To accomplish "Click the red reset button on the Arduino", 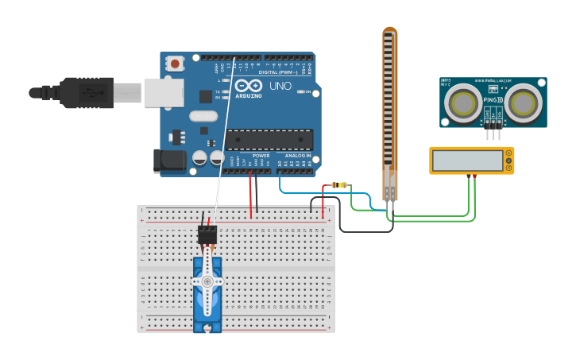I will click(174, 62).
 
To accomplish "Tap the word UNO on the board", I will click(280, 86).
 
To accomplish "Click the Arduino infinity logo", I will click(248, 86).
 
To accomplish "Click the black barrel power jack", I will click(171, 161).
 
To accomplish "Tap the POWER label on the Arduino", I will click(261, 156).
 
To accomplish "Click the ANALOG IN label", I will click(298, 156).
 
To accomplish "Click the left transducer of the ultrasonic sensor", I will click(461, 102).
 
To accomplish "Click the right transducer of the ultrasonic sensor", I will click(524, 102).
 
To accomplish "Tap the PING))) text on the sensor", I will click(493, 99).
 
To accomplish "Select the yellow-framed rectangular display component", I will click(471, 161).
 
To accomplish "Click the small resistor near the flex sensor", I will click(341, 185).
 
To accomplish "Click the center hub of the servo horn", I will click(207, 281).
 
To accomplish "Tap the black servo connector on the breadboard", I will click(207, 234).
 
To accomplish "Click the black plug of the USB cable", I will click(86, 93).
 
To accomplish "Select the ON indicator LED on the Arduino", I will click(300, 92).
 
